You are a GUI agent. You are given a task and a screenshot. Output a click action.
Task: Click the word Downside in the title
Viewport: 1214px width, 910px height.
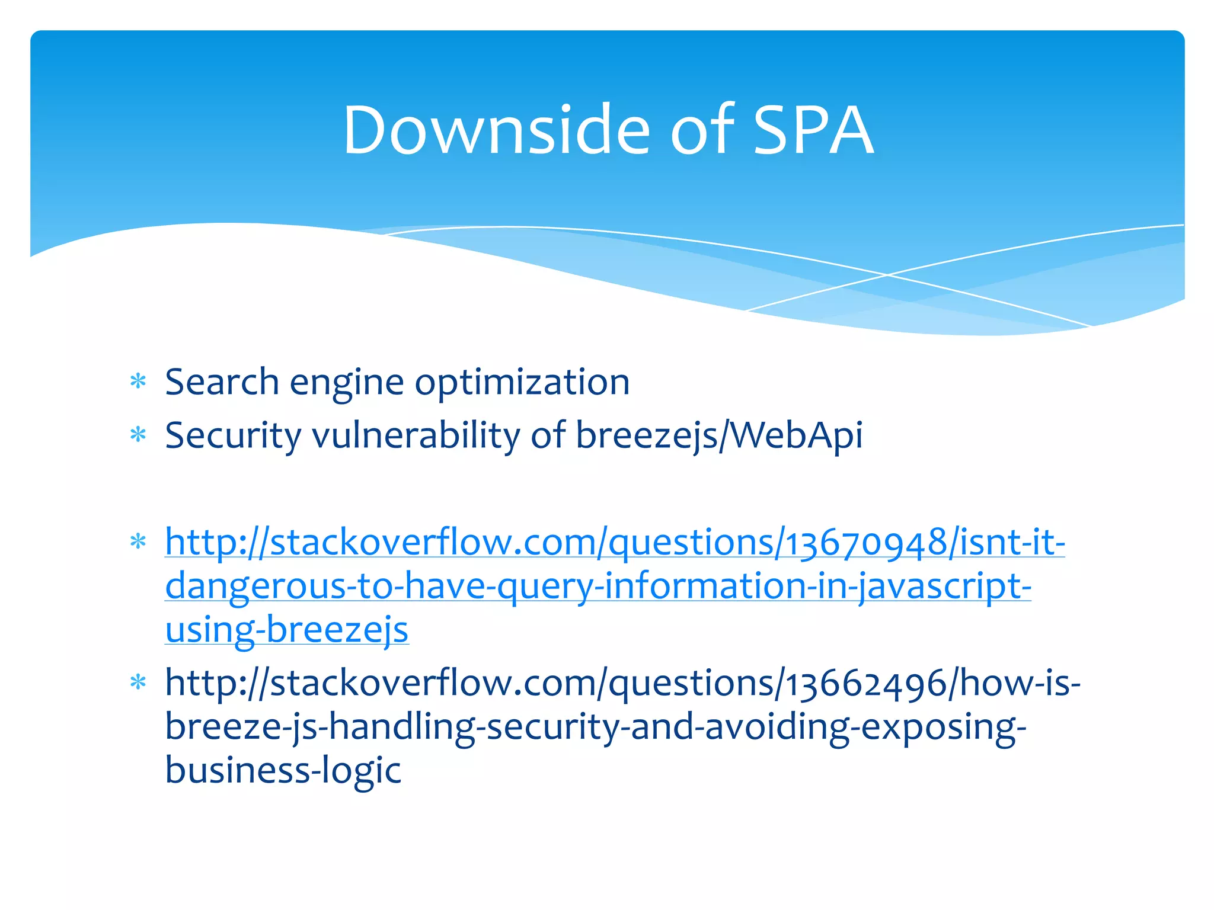click(x=496, y=130)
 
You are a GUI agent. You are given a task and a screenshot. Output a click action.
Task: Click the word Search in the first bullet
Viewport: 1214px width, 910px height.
click(x=222, y=382)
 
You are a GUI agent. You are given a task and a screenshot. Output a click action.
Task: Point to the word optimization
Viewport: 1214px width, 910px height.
click(x=522, y=383)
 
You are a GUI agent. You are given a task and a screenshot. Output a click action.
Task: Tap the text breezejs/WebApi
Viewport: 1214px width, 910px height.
click(x=718, y=436)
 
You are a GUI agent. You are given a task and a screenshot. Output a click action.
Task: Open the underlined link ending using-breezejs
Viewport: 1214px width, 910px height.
click(x=287, y=629)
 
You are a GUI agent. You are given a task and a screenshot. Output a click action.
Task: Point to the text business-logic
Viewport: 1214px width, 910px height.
click(x=283, y=770)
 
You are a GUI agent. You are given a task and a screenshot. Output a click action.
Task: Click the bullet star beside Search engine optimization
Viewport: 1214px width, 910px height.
click(x=138, y=382)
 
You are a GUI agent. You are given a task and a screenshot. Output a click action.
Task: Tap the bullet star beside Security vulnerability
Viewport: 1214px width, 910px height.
click(x=138, y=435)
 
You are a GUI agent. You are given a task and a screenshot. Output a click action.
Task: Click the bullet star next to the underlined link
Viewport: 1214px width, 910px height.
click(x=138, y=542)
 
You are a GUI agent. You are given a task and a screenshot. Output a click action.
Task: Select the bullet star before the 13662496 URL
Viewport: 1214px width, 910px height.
click(x=138, y=683)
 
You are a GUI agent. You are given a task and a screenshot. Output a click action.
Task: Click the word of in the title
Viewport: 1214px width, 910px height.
click(x=701, y=130)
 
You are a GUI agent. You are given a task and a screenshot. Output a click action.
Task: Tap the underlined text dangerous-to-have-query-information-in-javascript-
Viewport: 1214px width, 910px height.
click(x=598, y=586)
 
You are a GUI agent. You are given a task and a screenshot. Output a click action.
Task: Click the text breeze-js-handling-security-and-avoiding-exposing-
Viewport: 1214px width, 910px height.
click(x=595, y=727)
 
